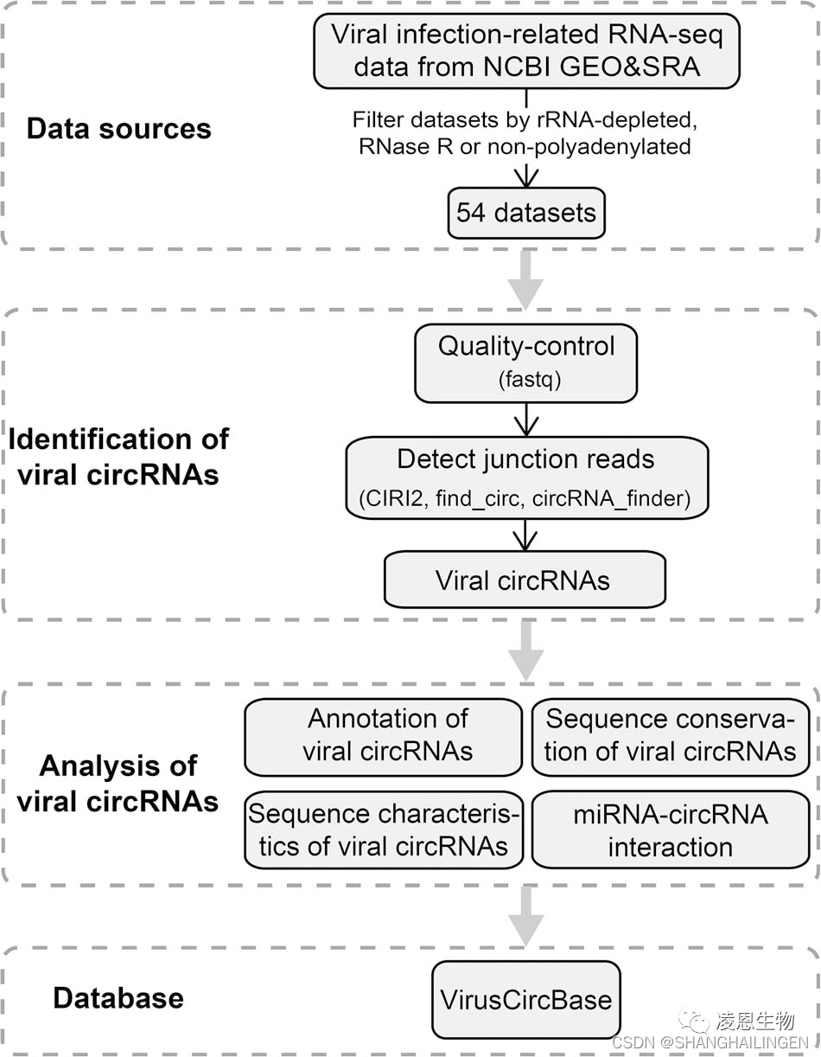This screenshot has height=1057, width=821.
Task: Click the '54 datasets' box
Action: click(x=525, y=213)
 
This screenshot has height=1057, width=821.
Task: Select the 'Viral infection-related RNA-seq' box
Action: click(x=526, y=50)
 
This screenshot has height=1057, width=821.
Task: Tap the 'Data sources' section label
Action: click(x=118, y=129)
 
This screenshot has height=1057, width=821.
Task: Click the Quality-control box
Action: click(x=525, y=362)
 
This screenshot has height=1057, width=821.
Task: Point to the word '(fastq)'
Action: click(x=525, y=380)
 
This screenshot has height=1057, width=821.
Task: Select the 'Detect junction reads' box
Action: click(x=526, y=476)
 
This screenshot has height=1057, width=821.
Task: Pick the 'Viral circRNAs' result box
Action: click(x=524, y=580)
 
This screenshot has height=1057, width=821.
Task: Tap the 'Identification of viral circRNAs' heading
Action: click(x=118, y=456)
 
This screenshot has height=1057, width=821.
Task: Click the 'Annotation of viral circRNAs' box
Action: click(x=384, y=736)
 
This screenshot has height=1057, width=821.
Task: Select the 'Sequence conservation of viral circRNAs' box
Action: click(x=671, y=736)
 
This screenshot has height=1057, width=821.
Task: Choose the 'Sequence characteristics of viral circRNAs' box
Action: click(x=384, y=829)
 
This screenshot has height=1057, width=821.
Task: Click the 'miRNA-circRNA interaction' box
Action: click(x=671, y=830)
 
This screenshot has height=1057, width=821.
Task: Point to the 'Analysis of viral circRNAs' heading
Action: click(x=118, y=784)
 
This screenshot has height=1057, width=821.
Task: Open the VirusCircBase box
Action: click(x=525, y=1000)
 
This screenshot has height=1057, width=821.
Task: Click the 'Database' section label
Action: click(x=118, y=998)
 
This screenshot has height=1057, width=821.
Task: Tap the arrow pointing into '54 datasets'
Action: click(x=525, y=176)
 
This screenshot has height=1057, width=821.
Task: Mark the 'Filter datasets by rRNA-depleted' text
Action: click(x=525, y=120)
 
